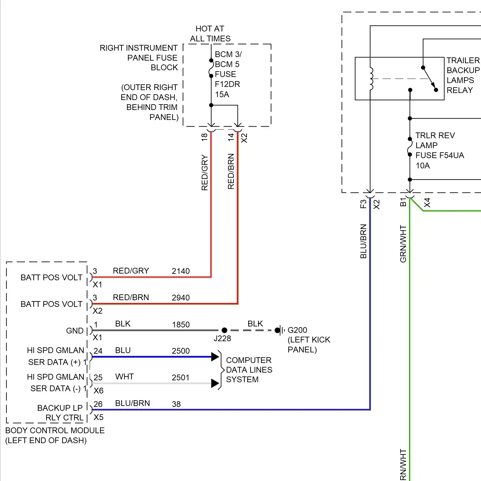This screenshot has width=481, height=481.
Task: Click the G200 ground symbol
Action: tap(281, 330)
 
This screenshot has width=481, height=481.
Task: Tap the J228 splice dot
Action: tap(224, 330)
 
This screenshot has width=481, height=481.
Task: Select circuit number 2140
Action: tap(181, 271)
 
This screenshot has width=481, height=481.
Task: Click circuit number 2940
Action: tap(181, 298)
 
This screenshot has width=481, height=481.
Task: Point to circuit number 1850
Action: tap(181, 325)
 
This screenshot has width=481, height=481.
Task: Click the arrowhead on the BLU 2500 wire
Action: tap(215, 357)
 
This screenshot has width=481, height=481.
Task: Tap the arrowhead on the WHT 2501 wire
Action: tap(215, 383)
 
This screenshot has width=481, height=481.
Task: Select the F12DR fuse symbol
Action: tap(211, 68)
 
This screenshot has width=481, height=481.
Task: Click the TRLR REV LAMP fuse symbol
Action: tap(409, 147)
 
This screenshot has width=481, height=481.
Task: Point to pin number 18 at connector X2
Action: tap(204, 137)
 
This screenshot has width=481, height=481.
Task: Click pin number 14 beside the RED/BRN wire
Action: tap(231, 137)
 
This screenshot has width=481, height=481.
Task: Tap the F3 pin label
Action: tap(363, 204)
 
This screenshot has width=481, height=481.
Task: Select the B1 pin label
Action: tap(403, 202)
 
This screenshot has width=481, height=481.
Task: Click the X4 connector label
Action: tap(427, 203)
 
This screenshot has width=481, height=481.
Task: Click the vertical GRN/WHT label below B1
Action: tap(403, 244)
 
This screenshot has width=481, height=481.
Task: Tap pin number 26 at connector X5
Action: tap(98, 404)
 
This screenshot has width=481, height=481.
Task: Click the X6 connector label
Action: tap(98, 391)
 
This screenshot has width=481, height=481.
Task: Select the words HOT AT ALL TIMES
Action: tap(210, 34)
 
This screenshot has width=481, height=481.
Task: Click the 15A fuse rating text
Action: tap(222, 95)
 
